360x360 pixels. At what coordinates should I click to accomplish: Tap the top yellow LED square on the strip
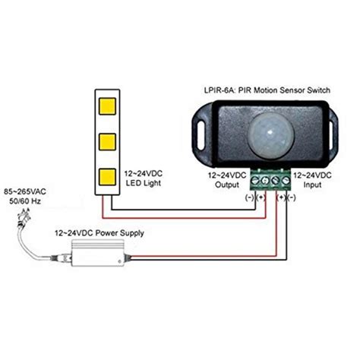pos(107,106)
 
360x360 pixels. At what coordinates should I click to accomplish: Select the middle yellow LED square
pos(107,141)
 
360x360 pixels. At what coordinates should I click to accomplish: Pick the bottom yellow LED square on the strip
pos(107,177)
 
